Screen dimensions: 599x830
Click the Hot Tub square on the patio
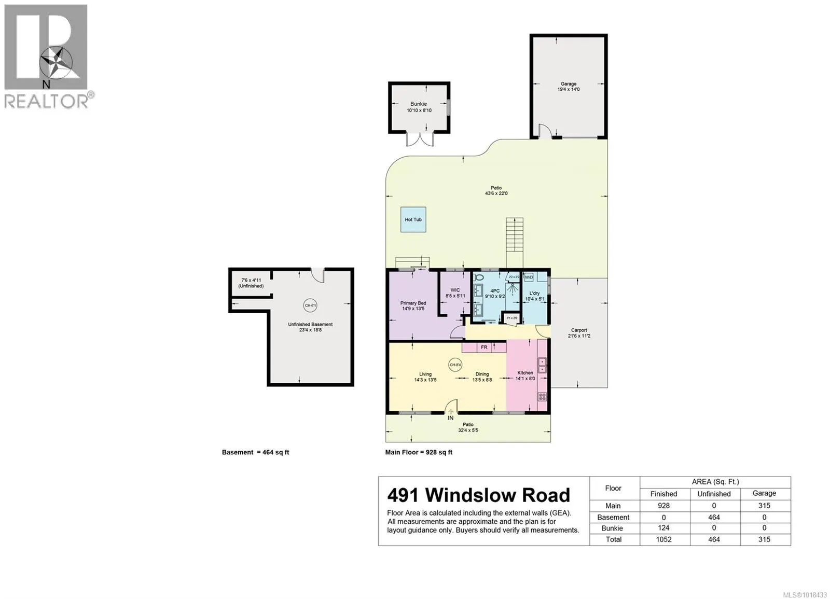[x=413, y=219]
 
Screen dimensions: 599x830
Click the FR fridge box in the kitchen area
[x=484, y=347]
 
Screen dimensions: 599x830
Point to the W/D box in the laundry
[x=529, y=277]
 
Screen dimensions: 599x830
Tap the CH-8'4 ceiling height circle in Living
[x=455, y=365]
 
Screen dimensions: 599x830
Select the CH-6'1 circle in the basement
[x=310, y=305]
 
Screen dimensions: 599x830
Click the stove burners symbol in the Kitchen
[x=542, y=397]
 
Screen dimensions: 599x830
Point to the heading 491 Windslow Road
[x=478, y=495]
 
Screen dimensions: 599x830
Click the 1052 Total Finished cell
[x=663, y=539]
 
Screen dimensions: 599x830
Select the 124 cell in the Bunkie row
[x=663, y=528]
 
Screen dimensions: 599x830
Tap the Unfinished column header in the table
[x=714, y=494]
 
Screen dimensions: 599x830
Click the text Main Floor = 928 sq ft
[x=419, y=452]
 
